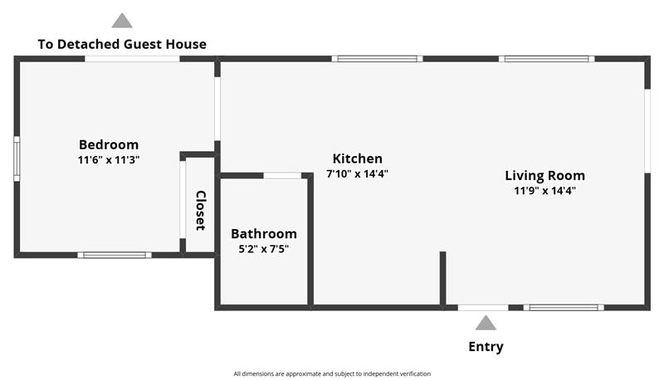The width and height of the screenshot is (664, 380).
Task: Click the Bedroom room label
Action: coord(109,144)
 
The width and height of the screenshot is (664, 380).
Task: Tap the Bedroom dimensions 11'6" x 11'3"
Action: coord(109,159)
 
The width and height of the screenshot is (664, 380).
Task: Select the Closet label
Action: coord(200,210)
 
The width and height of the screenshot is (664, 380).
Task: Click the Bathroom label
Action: coord(263,234)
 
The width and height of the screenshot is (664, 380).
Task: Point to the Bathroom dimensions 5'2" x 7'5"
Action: coord(263,248)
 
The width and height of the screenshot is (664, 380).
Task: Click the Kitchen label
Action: coord(357,158)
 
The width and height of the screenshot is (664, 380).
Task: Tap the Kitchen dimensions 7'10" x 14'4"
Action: coord(357,174)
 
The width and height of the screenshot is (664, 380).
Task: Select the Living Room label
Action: coord(544,175)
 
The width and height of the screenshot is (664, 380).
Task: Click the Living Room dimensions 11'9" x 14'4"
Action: coord(544,190)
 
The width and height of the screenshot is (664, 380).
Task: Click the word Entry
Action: coord(486,347)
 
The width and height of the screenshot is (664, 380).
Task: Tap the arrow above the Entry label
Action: coord(486,323)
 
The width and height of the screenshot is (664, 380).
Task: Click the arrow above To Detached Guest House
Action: coord(122,21)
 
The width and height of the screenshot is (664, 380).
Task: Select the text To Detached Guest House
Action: coord(122,44)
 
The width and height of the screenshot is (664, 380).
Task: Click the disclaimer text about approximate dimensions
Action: coord(332,373)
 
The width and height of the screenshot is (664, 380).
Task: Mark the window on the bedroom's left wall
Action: coord(17,158)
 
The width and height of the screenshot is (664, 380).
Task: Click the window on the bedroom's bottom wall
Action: coord(115,255)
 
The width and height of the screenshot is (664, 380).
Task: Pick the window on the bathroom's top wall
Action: coord(282,175)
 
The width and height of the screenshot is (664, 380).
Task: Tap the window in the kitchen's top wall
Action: coord(378,59)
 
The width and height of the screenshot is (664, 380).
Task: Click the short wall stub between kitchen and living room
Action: coord(442,278)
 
